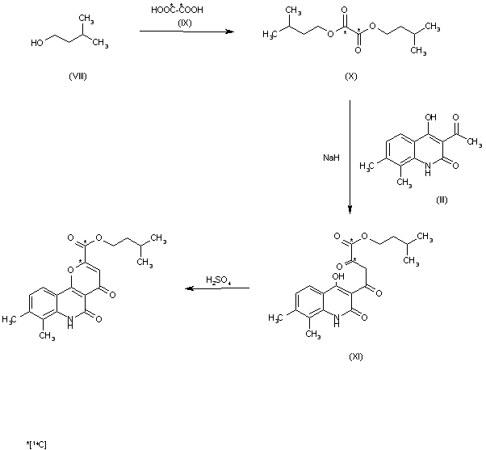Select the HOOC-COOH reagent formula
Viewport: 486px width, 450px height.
(177, 10)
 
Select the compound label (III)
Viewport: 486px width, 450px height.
(442, 200)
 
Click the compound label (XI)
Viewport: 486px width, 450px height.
(354, 356)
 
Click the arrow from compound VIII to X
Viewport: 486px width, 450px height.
(186, 32)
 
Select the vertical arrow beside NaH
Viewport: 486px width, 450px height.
(350, 158)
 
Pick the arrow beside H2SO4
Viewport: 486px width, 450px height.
(216, 288)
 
